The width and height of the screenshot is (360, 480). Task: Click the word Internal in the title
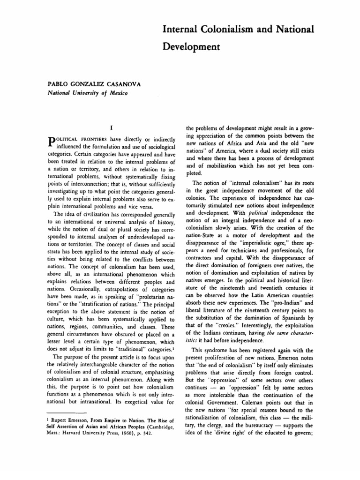[179, 30]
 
